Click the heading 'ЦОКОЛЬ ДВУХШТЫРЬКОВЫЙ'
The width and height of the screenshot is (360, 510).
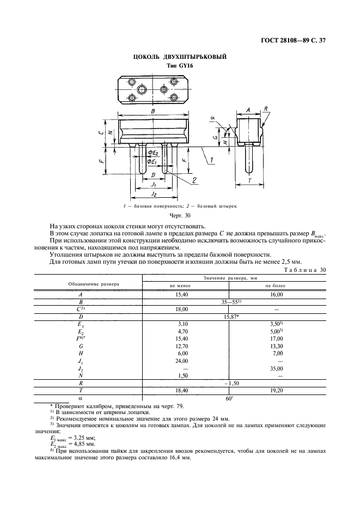180,57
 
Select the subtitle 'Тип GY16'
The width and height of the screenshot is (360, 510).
180,66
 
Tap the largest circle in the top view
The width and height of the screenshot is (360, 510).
142,89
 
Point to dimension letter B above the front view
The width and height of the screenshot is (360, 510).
154,111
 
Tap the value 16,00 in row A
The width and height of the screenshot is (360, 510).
274,294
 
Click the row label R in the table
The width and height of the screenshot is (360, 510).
81,384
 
